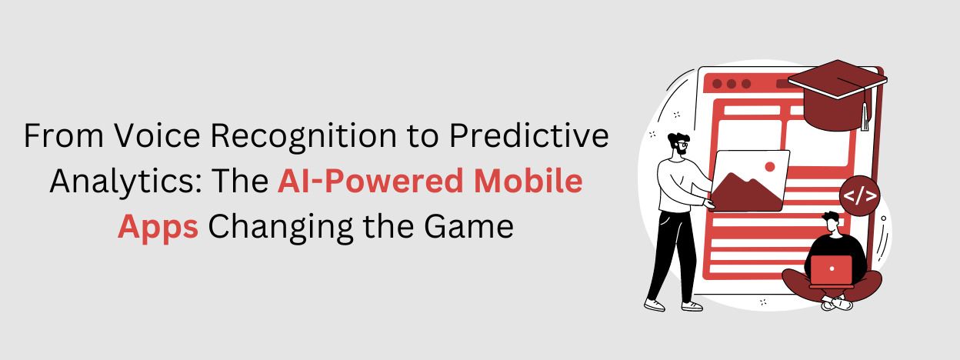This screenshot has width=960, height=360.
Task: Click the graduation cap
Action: (835, 92)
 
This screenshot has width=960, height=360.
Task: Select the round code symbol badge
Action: (859, 195)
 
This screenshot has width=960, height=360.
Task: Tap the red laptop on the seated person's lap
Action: (832, 270)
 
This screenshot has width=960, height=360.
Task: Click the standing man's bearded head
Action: (678, 145)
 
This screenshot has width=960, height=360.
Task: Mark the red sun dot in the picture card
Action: (768, 165)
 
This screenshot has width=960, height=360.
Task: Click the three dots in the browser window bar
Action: (731, 84)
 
